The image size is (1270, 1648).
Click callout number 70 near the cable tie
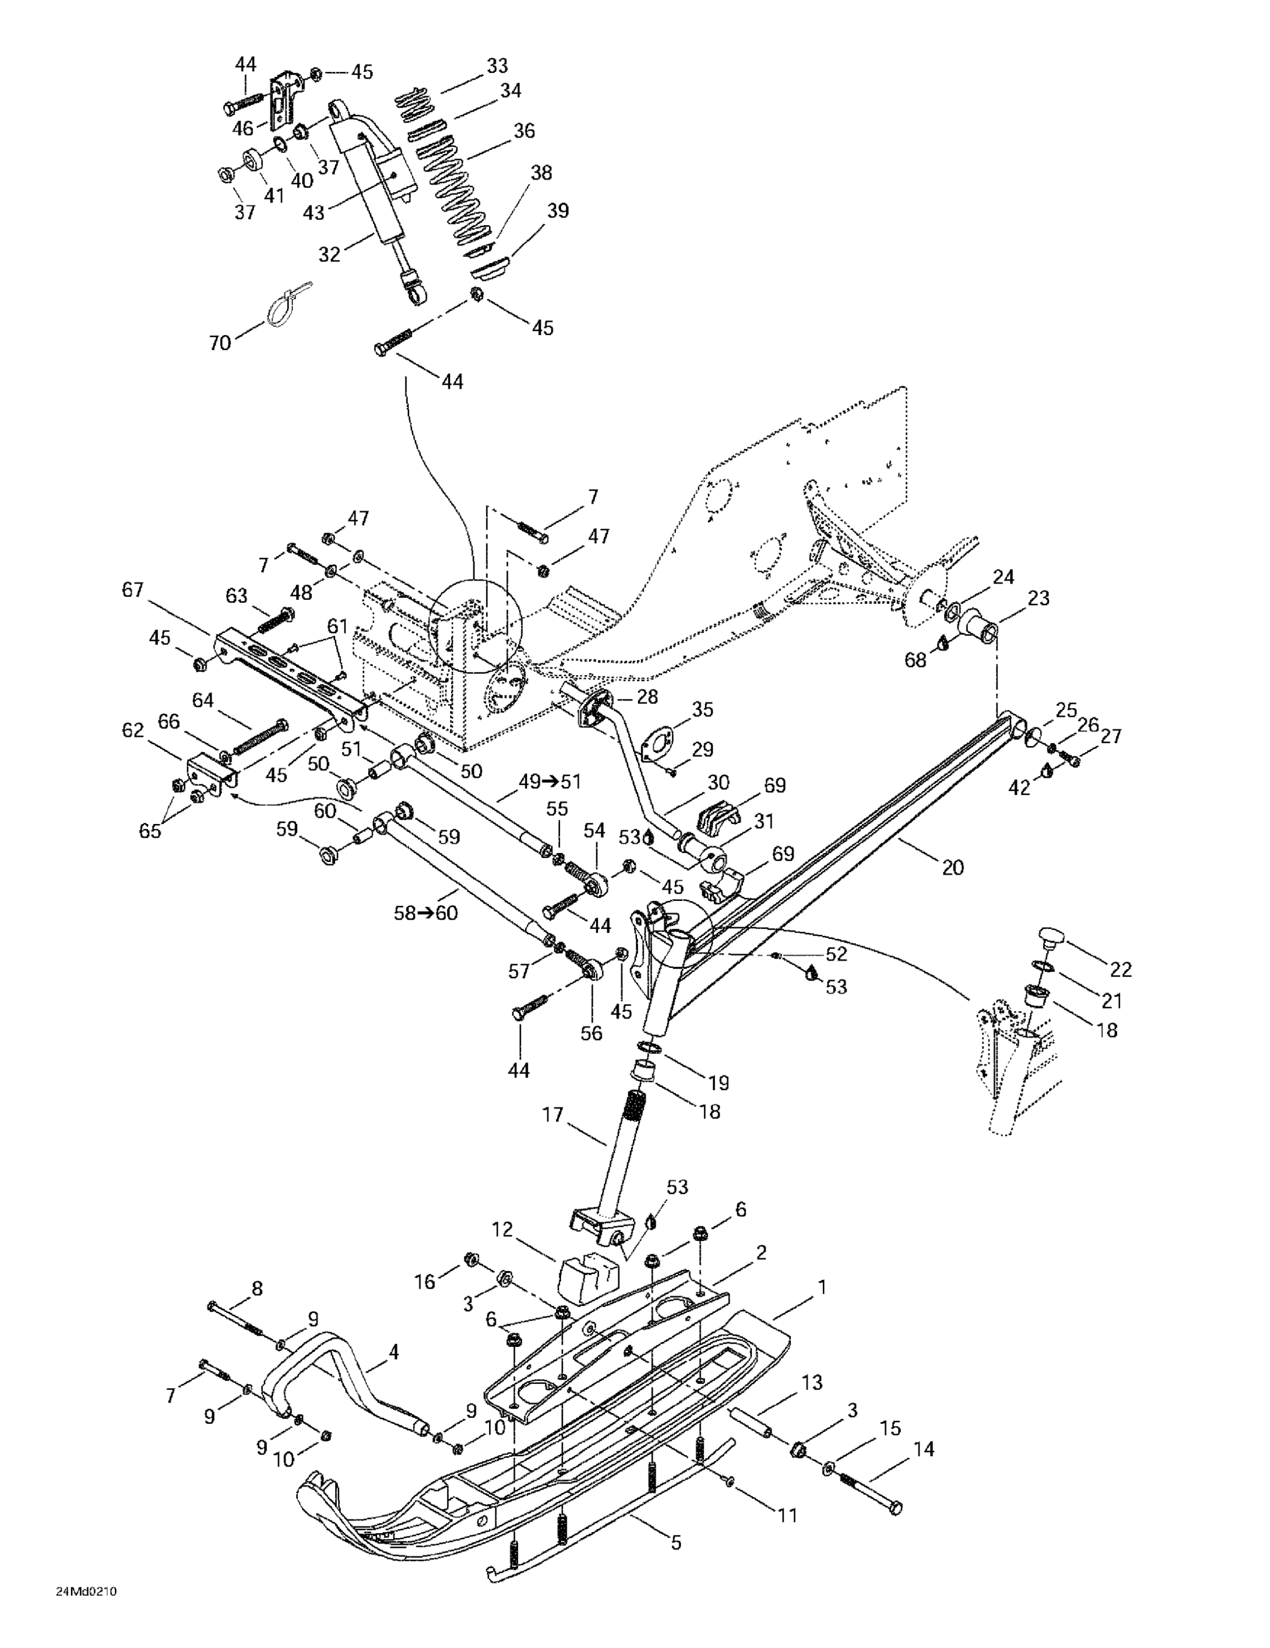220,343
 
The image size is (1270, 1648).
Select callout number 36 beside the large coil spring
523,131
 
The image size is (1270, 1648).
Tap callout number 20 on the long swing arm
953,868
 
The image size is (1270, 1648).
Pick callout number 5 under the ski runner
676,1543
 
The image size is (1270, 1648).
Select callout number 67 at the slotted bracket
133,590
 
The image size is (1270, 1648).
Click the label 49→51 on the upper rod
550,782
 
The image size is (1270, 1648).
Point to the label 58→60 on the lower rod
425,913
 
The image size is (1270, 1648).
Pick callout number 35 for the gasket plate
702,709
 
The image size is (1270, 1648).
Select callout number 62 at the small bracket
133,731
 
